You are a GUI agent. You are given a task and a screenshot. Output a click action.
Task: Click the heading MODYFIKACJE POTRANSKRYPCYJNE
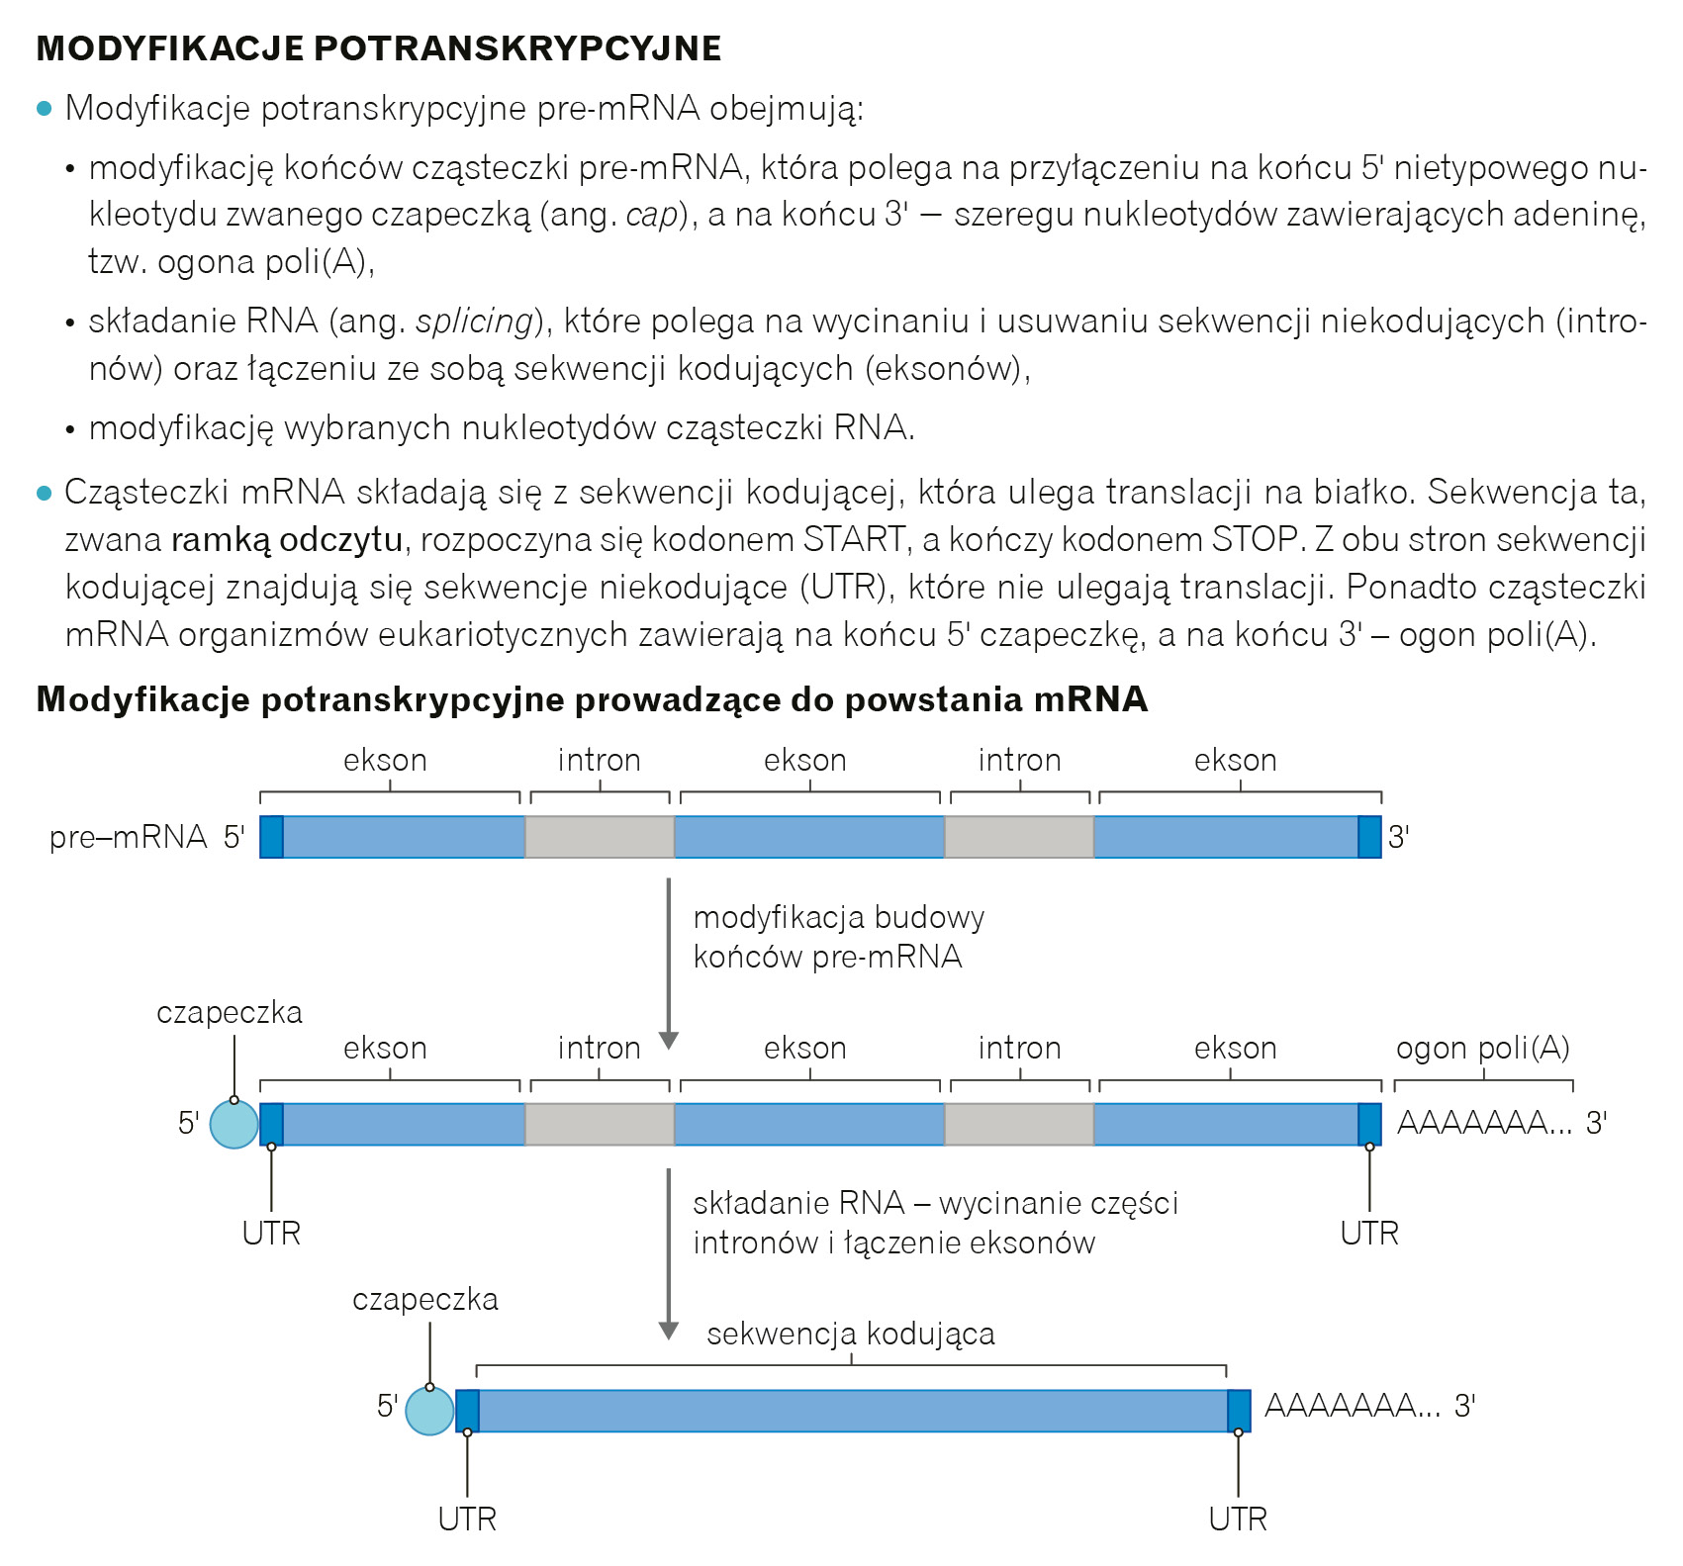[x=379, y=48]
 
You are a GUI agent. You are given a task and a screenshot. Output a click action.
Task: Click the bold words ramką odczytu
[x=287, y=540]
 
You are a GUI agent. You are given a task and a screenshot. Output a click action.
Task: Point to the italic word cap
[x=652, y=215]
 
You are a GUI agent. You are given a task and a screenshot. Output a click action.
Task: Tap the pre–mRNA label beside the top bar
[x=128, y=838]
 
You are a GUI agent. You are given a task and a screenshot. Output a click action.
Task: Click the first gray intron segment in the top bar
[x=599, y=837]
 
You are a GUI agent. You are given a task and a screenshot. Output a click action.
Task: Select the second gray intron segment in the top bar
[x=1019, y=837]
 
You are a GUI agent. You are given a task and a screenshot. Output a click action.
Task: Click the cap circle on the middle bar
[x=234, y=1125]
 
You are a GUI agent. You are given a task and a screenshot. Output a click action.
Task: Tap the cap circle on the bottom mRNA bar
[x=429, y=1411]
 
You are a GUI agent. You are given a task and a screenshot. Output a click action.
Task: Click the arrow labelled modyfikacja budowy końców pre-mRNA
[x=669, y=960]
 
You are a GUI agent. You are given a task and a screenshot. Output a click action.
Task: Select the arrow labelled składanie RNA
[x=669, y=1251]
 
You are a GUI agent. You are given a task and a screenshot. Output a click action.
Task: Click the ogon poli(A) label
[x=1482, y=1048]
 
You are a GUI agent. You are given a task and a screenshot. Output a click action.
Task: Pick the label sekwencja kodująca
[x=850, y=1334]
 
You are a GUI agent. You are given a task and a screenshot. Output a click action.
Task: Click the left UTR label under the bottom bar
[x=467, y=1519]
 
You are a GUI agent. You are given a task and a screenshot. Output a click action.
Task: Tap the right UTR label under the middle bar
[x=1369, y=1234]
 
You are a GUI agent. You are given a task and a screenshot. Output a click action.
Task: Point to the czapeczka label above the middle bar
[x=230, y=1013]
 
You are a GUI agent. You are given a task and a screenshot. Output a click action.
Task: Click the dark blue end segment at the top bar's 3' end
[x=1369, y=837]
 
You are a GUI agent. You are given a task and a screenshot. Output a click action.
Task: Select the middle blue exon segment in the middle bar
[x=809, y=1125]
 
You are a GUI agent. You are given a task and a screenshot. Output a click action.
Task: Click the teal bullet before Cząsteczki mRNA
[x=44, y=493]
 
